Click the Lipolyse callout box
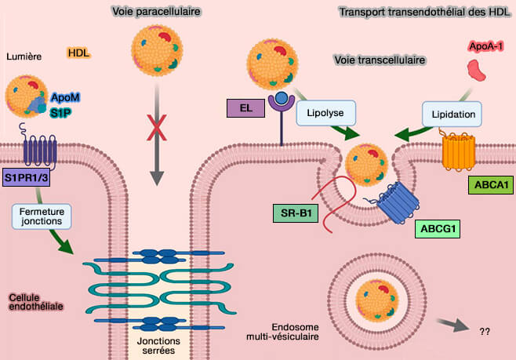(325, 113)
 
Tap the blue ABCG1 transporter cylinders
(398, 206)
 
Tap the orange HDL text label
(78, 53)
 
